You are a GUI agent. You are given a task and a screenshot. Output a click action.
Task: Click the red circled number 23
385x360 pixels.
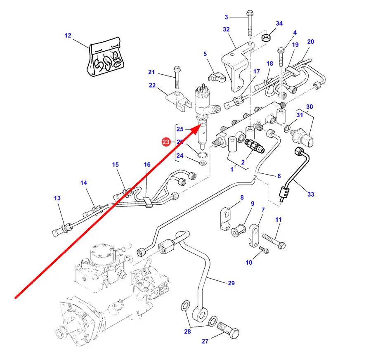[x=165, y=142]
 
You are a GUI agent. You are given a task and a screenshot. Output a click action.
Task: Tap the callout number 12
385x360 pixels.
[x=68, y=36]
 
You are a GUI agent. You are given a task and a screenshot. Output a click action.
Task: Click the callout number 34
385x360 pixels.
[x=279, y=24]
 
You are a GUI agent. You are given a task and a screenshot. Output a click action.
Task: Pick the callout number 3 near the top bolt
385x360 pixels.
[x=226, y=17]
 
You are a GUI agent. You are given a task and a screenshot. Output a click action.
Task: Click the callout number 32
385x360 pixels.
[x=226, y=29]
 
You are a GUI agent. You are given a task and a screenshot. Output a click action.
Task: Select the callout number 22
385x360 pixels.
[x=152, y=85]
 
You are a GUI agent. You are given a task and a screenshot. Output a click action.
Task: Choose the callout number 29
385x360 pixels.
[x=231, y=283]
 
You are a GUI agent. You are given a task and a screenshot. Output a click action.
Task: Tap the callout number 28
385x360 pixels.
[x=188, y=332]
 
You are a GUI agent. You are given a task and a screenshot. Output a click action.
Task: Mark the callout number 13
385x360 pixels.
[x=57, y=198]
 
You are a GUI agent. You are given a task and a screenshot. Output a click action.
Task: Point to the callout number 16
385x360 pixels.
[x=147, y=165]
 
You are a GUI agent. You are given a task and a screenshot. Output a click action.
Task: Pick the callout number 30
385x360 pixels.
[x=309, y=107]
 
